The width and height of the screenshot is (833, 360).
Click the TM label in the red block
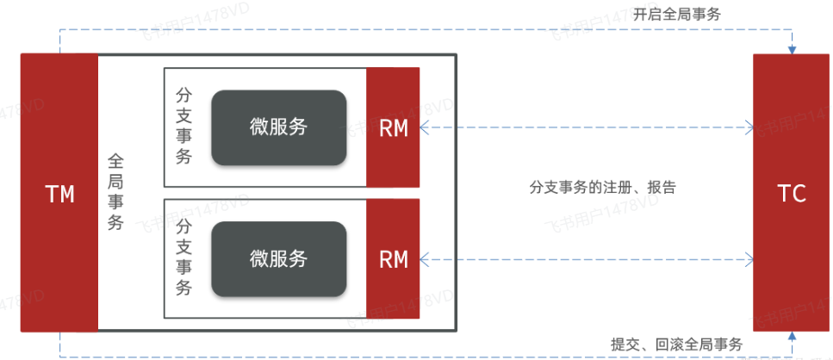pos(59,195)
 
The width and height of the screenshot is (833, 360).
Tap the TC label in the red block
pos(791,195)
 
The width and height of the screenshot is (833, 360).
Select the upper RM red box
pos(393,127)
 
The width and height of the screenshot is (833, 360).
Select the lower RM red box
pos(393,258)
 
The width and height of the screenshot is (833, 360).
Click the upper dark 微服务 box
pos(279,127)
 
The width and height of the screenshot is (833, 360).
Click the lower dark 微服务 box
pos(279,258)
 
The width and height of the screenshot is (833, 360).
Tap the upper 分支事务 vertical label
pos(183,126)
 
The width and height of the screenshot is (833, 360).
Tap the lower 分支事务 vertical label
pos(183,257)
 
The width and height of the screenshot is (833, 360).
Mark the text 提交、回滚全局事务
pos(676,344)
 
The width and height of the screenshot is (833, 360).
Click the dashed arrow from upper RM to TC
pos(586,128)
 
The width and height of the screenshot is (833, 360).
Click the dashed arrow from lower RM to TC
pos(586,258)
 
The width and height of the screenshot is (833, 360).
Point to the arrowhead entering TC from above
pos(792,49)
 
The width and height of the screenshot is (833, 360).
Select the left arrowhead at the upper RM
pos(425,128)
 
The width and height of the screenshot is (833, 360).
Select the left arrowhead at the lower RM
pos(425,258)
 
